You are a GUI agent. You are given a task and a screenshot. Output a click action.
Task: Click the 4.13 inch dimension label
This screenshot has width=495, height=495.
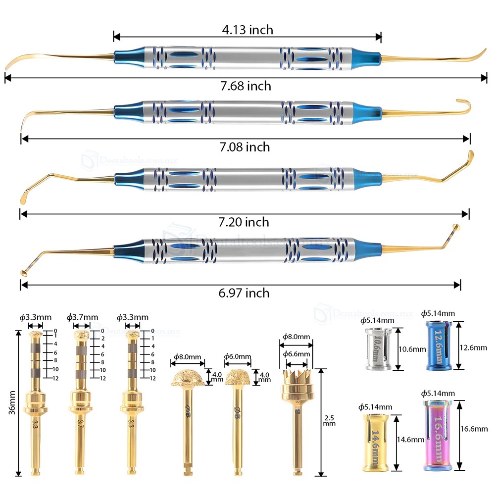pyautogui.click(x=247, y=30)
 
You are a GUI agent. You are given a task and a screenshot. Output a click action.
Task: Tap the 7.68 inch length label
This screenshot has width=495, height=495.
pyautogui.click(x=246, y=86)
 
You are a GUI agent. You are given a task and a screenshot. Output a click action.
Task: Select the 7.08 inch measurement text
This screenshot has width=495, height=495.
pyautogui.click(x=245, y=147)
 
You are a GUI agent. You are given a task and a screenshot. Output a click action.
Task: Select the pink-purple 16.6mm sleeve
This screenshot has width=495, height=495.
pyautogui.click(x=438, y=436)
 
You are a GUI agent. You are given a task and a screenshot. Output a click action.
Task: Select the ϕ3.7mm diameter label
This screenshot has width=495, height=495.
pyautogui.click(x=83, y=317)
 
